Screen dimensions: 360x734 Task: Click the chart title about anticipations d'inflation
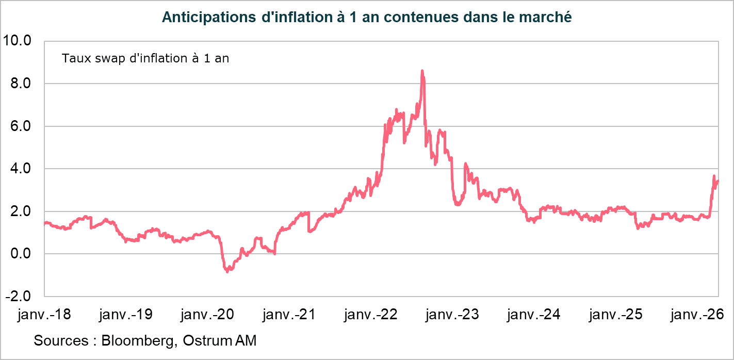(367, 17)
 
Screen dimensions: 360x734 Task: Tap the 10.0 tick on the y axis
(18, 40)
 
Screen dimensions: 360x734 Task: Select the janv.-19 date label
(125, 314)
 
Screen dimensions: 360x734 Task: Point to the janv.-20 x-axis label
(207, 314)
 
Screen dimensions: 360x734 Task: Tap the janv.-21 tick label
(289, 314)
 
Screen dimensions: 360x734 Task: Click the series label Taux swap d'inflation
(145, 58)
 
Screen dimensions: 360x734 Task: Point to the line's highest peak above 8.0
(422, 71)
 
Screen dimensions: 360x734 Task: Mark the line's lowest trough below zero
(227, 271)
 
